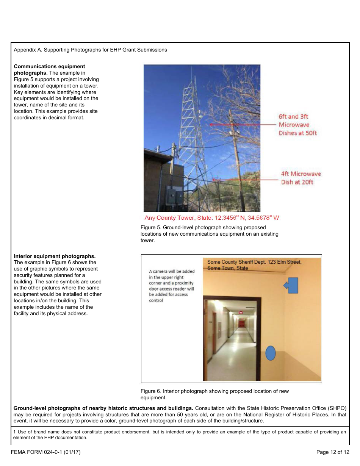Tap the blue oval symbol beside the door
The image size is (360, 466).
pyautogui.click(x=270, y=353)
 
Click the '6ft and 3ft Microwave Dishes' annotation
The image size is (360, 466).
pyautogui.click(x=297, y=125)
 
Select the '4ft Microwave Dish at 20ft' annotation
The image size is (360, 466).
pyautogui.click(x=301, y=178)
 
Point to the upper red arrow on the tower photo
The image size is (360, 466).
pyautogui.click(x=243, y=124)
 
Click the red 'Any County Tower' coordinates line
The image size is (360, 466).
pyautogui.click(x=212, y=218)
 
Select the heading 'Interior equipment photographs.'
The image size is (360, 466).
pyautogui.click(x=55, y=256)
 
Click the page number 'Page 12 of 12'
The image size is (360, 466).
pyautogui.click(x=332, y=452)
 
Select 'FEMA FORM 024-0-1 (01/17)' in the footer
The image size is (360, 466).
pyautogui.click(x=45, y=452)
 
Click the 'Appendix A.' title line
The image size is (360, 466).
pyautogui.click(x=90, y=50)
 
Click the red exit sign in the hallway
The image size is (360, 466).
pyautogui.click(x=240, y=312)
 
